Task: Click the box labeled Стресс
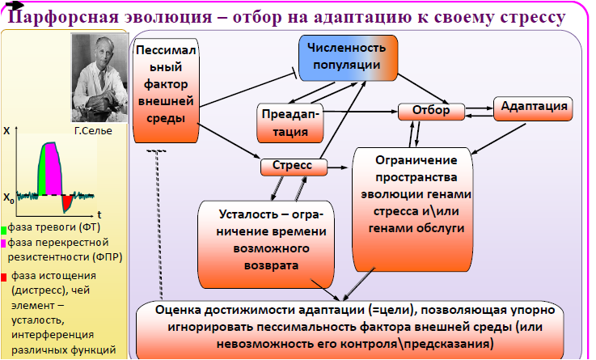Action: [x=294, y=167]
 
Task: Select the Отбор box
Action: [x=431, y=112]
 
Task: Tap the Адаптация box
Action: [x=533, y=108]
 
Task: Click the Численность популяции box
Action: [x=348, y=57]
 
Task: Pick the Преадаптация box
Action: [x=290, y=123]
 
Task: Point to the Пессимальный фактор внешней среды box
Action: [x=166, y=91]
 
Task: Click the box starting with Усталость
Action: [x=266, y=244]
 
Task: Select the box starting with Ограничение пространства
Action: [x=412, y=210]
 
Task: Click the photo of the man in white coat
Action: [x=100, y=78]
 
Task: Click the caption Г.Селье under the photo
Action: [x=93, y=131]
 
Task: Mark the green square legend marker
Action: [x=4, y=230]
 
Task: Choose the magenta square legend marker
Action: [x=4, y=244]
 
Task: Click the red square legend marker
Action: [x=4, y=277]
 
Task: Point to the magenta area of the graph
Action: [x=53, y=169]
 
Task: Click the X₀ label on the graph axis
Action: [x=9, y=198]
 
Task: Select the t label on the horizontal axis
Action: [x=99, y=214]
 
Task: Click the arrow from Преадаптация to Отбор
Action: [x=360, y=112]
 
